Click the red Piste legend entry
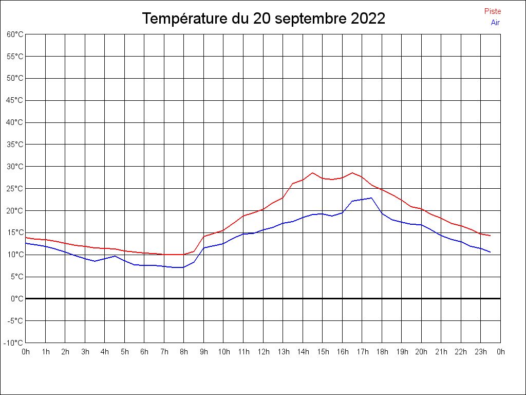pyautogui.click(x=492, y=11)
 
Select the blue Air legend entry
pyautogui.click(x=495, y=23)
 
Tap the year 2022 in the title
pyautogui.click(x=368, y=19)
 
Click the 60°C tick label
pyautogui.click(x=15, y=34)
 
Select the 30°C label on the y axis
pyautogui.click(x=15, y=167)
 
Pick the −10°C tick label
pyautogui.click(x=14, y=343)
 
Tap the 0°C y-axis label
pyautogui.click(x=17, y=299)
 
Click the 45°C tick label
pyautogui.click(x=15, y=100)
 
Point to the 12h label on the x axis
pyautogui.click(x=263, y=352)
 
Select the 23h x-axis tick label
pyautogui.click(x=481, y=352)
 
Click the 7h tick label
pyautogui.click(x=164, y=352)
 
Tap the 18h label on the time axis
pyautogui.click(x=382, y=352)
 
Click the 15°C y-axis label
pyautogui.click(x=15, y=232)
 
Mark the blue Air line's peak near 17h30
pyautogui.click(x=371, y=198)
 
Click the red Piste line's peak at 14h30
pyautogui.click(x=312, y=173)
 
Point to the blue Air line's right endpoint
pyautogui.click(x=491, y=252)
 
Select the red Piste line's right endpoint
pyautogui.click(x=491, y=236)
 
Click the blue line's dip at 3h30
pyautogui.click(x=95, y=261)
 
